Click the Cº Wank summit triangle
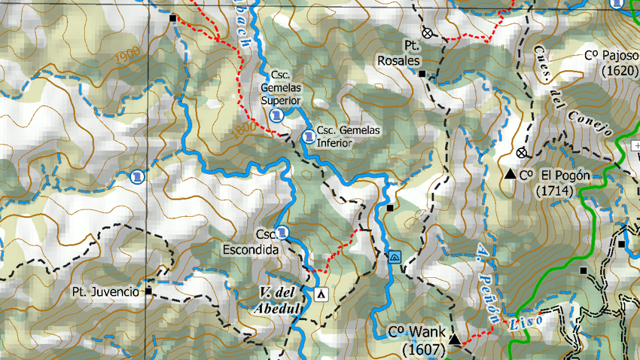click(x=455, y=340)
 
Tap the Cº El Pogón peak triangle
click(x=510, y=175)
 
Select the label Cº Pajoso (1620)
click(x=611, y=63)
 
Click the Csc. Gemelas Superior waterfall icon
click(x=276, y=114)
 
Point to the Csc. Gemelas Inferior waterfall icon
click(x=308, y=136)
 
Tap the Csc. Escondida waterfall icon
click(x=282, y=231)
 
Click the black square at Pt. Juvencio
click(x=148, y=291)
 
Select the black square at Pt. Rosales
click(x=422, y=74)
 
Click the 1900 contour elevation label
click(x=130, y=54)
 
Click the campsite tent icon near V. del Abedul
click(x=322, y=294)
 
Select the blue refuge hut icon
click(x=395, y=257)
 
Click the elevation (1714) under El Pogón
click(x=555, y=191)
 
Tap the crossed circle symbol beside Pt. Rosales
click(x=428, y=32)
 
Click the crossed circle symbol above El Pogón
click(x=521, y=153)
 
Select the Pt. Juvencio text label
click(x=105, y=291)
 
